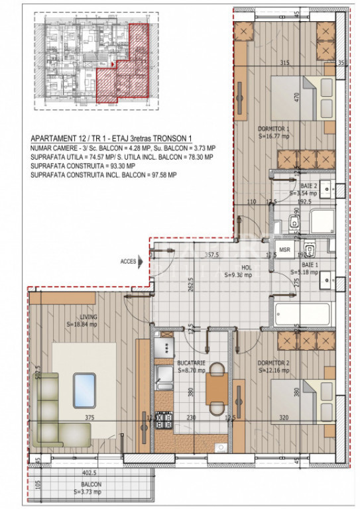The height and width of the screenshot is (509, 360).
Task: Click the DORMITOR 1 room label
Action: [x=274, y=129]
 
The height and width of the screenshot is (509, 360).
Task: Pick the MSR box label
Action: [x=284, y=249]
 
